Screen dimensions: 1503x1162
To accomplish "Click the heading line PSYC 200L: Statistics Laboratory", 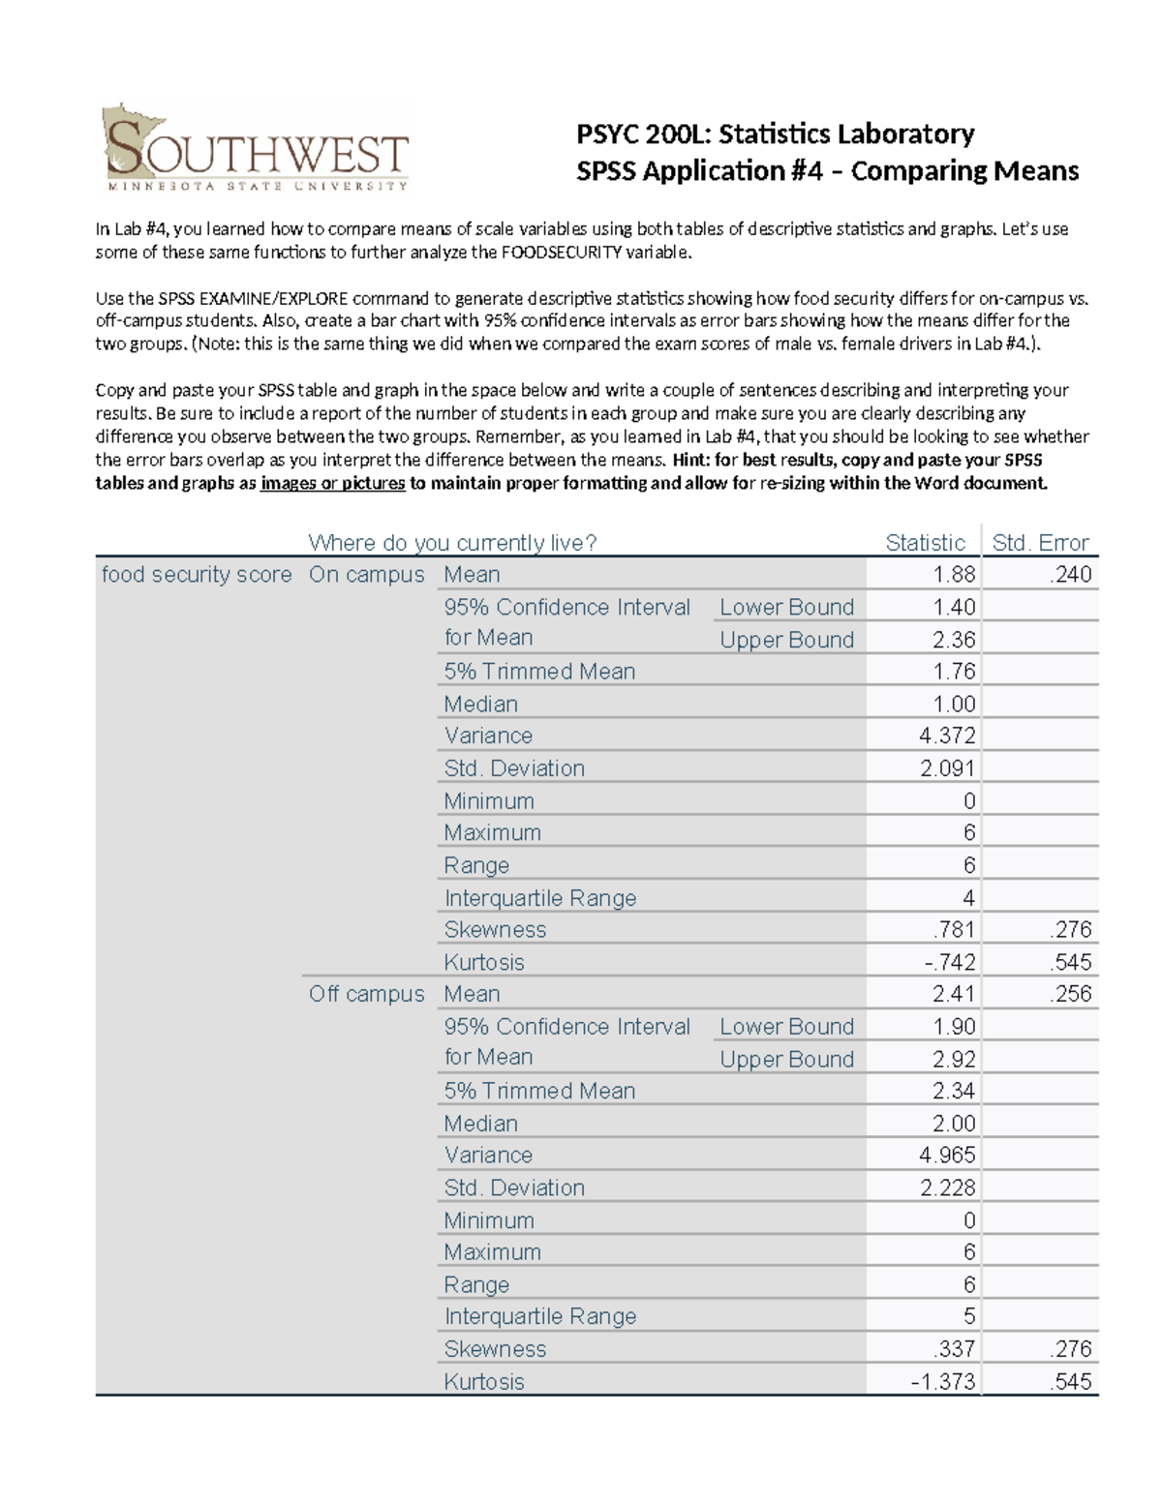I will point(775,134).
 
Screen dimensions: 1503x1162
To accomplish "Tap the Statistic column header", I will point(925,543).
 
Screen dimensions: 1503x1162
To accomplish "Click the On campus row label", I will point(366,575).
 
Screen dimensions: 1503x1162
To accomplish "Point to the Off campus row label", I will point(366,994).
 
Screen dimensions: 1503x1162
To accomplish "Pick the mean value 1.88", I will point(954,575).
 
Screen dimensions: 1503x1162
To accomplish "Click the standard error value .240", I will point(1070,575).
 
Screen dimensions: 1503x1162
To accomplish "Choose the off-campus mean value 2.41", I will point(954,994).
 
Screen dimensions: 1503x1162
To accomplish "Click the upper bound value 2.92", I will point(954,1059).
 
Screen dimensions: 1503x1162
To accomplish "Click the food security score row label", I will point(197,575).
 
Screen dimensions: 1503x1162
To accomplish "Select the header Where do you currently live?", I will point(452,543).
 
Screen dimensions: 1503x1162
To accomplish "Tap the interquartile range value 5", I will point(969,1317).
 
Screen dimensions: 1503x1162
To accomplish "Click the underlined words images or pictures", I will point(332,483).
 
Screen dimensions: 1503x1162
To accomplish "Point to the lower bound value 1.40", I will point(954,607).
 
